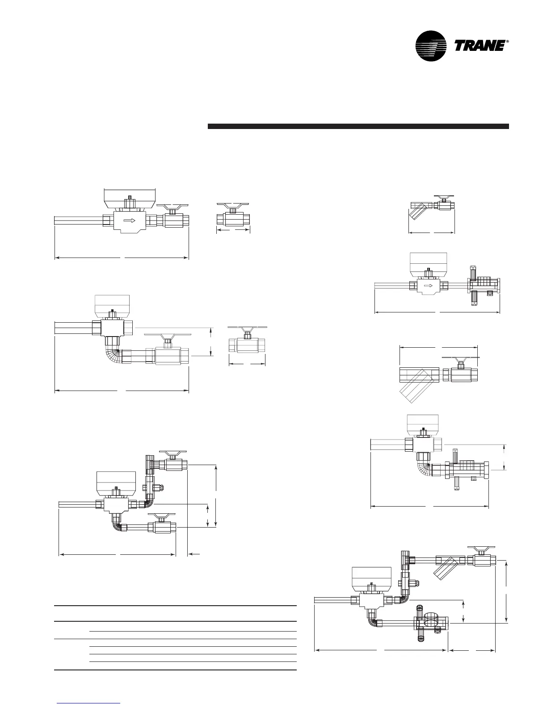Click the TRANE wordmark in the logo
[480, 46]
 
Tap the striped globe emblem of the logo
[431, 46]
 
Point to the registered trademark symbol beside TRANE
[508, 42]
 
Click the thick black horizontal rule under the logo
[358, 126]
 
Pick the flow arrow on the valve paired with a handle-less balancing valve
[428, 286]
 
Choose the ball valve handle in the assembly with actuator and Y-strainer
[480, 548]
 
